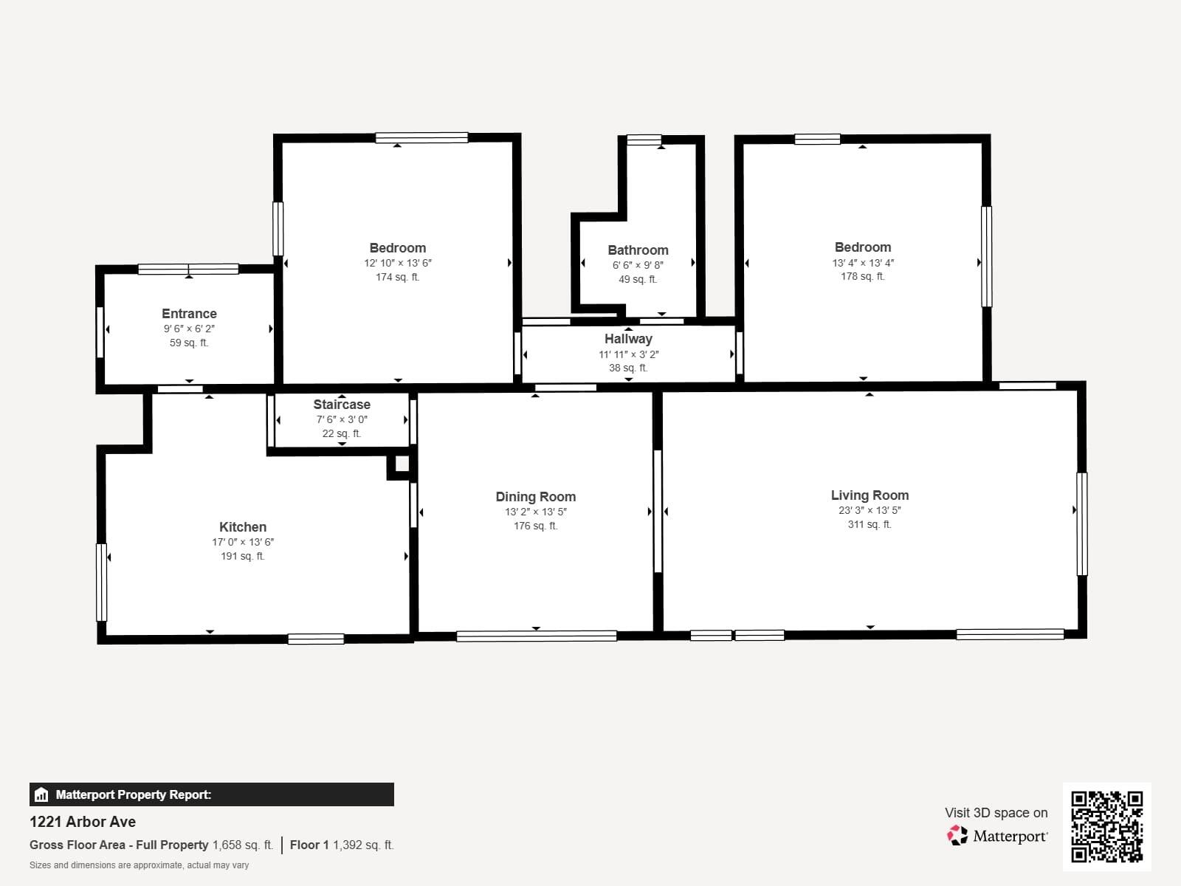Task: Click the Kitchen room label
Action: pyautogui.click(x=243, y=527)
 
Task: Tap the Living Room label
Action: pyautogui.click(x=870, y=495)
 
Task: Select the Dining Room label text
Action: pyautogui.click(x=535, y=497)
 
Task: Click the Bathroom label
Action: pyautogui.click(x=638, y=250)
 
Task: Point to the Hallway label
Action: pyautogui.click(x=628, y=339)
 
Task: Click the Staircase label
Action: pyautogui.click(x=341, y=405)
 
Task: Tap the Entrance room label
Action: pyautogui.click(x=189, y=314)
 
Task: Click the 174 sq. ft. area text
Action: pyautogui.click(x=397, y=278)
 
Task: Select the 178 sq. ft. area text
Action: pyautogui.click(x=862, y=277)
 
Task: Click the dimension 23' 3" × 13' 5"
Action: pyautogui.click(x=870, y=510)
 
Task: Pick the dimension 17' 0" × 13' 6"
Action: pyautogui.click(x=243, y=542)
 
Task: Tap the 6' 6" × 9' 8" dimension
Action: pyautogui.click(x=638, y=265)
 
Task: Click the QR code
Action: pyautogui.click(x=1106, y=826)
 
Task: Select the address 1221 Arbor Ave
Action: pyautogui.click(x=83, y=822)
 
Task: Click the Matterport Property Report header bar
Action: pyautogui.click(x=211, y=794)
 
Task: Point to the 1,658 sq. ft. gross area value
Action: pyautogui.click(x=243, y=845)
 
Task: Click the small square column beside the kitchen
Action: pyautogui.click(x=402, y=464)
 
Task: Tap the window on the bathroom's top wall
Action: pyautogui.click(x=644, y=140)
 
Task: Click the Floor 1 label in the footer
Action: pyautogui.click(x=309, y=845)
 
